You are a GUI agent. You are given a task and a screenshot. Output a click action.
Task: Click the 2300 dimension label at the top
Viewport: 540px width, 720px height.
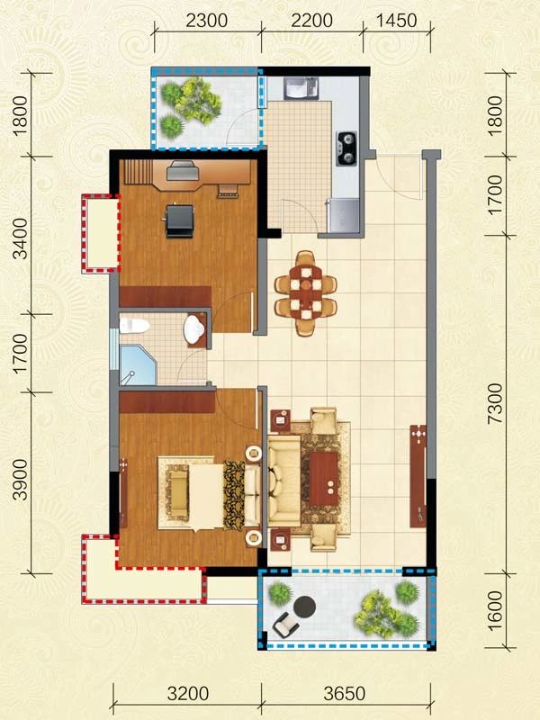(x=207, y=21)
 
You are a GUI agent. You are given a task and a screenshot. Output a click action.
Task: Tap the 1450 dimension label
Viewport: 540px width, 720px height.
(x=397, y=21)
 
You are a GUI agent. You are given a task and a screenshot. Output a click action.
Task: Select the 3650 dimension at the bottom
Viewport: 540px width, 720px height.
(x=345, y=693)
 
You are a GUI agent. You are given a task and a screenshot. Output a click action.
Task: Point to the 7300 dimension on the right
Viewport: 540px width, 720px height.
(x=496, y=404)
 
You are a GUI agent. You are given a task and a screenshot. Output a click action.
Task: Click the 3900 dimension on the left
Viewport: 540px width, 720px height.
(x=21, y=479)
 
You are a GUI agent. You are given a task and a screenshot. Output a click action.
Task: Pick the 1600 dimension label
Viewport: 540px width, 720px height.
(x=496, y=611)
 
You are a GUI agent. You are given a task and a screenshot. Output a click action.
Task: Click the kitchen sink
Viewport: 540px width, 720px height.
(x=301, y=88)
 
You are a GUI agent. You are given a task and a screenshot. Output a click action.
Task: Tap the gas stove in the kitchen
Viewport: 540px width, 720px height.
(x=346, y=148)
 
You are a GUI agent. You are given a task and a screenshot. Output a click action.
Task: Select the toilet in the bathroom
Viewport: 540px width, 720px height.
(x=134, y=326)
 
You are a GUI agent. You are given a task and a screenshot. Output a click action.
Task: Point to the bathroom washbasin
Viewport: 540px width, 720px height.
(x=195, y=328)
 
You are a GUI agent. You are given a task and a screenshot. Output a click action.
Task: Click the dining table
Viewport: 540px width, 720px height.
(x=305, y=293)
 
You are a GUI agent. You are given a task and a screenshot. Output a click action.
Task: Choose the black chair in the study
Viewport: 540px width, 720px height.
(x=179, y=220)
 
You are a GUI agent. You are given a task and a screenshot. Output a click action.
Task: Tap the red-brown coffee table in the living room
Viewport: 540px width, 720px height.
(x=324, y=479)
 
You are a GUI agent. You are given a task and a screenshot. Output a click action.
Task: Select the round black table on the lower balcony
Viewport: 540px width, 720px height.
(x=304, y=607)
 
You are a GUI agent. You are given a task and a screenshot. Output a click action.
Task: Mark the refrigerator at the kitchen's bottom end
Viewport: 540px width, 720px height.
(x=343, y=215)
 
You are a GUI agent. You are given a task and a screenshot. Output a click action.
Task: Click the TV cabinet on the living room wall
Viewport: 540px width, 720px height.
(x=418, y=476)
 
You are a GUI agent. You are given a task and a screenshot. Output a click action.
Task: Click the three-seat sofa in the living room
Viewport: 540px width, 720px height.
(x=284, y=481)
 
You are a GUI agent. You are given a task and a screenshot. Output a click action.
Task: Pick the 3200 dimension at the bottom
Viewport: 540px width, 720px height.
(x=188, y=693)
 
